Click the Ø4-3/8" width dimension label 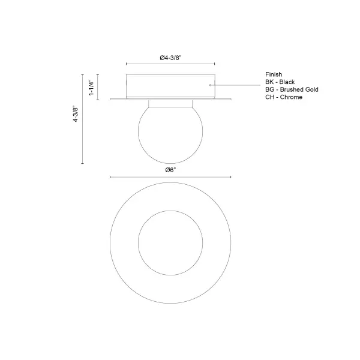171,58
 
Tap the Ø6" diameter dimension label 171,170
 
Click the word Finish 273,74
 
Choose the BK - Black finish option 280,82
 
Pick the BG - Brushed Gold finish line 292,89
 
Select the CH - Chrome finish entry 283,97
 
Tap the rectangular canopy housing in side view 170,85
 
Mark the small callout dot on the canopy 210,86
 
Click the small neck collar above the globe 170,103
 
